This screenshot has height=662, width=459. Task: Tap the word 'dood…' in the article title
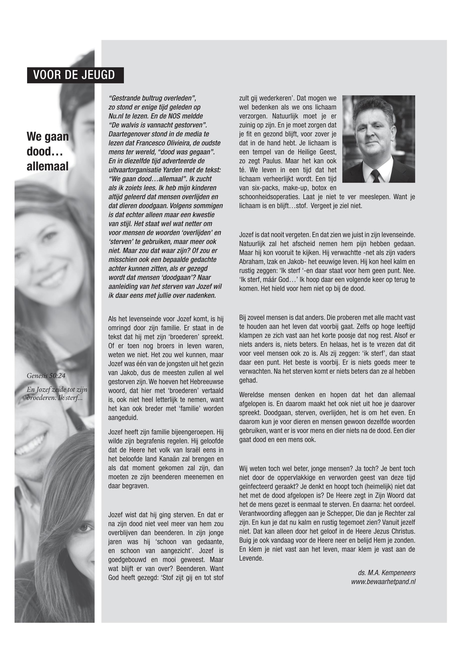[x=45, y=151]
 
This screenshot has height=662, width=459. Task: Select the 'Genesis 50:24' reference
[x=46, y=376]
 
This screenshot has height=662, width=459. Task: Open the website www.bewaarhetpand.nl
[x=383, y=582]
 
